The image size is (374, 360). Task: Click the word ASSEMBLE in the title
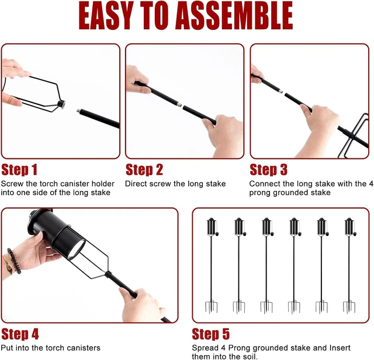coord(234,16)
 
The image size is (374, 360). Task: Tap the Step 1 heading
coord(19,169)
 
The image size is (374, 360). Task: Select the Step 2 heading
coord(144,169)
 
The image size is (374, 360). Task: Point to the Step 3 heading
coord(268,169)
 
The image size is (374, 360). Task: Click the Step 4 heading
coord(20,334)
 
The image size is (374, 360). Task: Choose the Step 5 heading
coord(210,334)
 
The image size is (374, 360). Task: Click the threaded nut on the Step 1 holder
coord(61,104)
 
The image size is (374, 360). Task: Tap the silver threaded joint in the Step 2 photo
coord(179,105)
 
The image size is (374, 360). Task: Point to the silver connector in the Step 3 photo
coord(280,91)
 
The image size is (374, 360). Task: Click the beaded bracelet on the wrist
coord(14,261)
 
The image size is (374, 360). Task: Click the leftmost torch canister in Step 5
coord(212,227)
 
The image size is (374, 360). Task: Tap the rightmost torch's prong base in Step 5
coord(349,307)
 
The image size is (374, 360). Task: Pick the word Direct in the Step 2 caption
coord(136,184)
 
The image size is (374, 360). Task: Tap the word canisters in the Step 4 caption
coord(84,348)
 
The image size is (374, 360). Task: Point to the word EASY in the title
coord(106,16)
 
